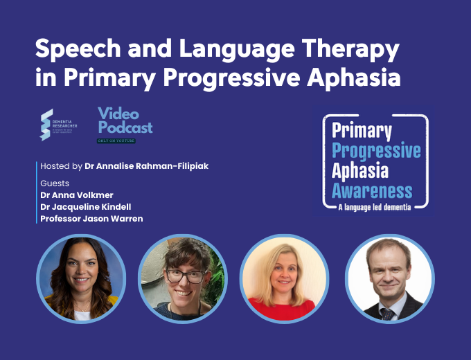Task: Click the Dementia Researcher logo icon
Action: (46, 125)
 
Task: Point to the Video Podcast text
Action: (125, 120)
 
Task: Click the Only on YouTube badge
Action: (116, 141)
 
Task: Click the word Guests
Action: (55, 183)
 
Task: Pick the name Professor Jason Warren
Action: (91, 219)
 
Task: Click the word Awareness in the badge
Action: (372, 190)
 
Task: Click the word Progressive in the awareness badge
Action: (376, 150)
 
